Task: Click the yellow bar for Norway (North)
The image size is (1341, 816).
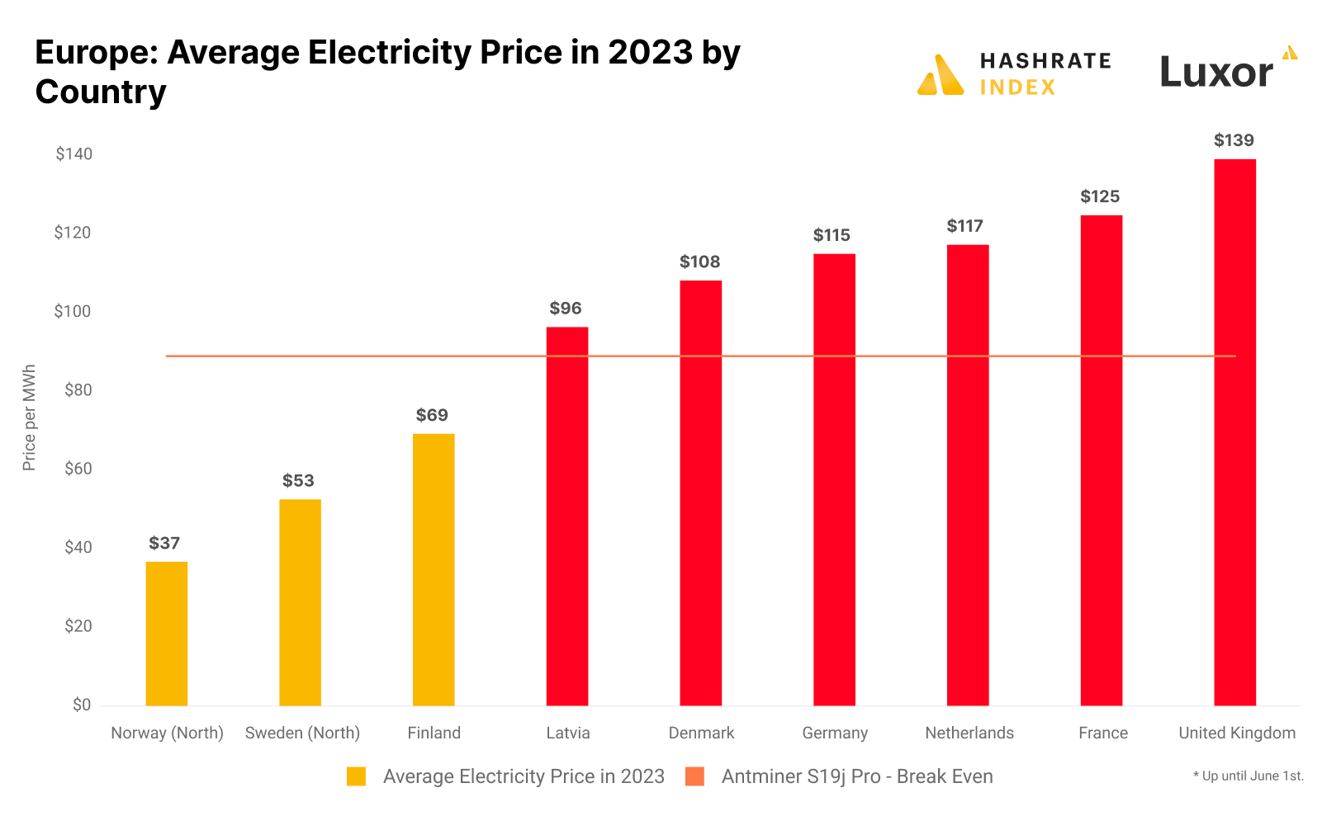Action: [x=167, y=633]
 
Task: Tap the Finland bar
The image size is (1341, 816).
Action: [x=434, y=569]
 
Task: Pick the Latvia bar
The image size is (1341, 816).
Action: [x=567, y=516]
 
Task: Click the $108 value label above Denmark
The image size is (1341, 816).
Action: [x=700, y=262]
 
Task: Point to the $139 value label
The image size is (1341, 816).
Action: [x=1234, y=141]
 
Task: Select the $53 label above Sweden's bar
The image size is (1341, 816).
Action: [x=298, y=481]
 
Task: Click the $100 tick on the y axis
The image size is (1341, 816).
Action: [x=73, y=312]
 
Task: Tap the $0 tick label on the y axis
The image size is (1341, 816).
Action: [x=82, y=705]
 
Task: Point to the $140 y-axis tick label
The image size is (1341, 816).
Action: [x=73, y=154]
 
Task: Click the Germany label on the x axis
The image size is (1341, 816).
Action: [x=835, y=733]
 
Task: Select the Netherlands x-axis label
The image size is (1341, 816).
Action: [x=969, y=733]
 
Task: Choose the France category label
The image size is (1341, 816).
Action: [x=1103, y=733]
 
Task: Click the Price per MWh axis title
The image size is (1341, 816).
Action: [x=30, y=417]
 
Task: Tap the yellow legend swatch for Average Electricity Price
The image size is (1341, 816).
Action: [x=356, y=777]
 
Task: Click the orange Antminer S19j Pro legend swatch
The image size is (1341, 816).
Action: [x=695, y=777]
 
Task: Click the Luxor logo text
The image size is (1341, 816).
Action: [x=1216, y=73]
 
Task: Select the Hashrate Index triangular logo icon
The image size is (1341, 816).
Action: [x=941, y=76]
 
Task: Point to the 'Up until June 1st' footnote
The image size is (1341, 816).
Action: [x=1248, y=776]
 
